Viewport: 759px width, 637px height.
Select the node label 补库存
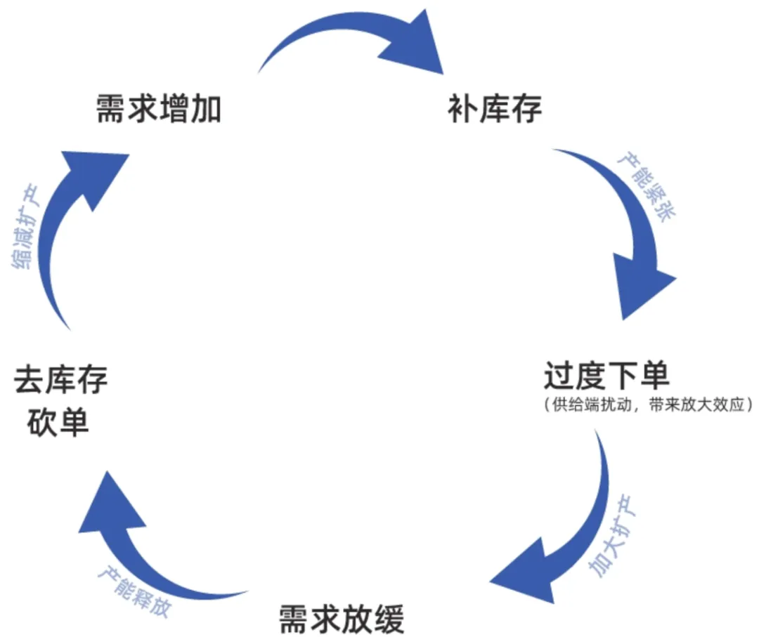[x=494, y=110]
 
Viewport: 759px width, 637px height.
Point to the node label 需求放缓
[x=342, y=619]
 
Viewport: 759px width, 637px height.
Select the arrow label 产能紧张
[x=645, y=187]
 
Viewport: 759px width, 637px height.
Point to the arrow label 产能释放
[x=134, y=590]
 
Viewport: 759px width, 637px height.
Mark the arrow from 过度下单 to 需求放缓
[x=576, y=534]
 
